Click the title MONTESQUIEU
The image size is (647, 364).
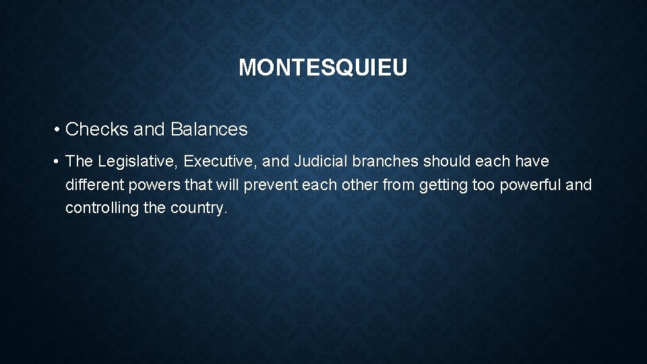[323, 67]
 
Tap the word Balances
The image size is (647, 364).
[209, 129]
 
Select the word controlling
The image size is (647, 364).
[102, 208]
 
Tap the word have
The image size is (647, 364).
[532, 162]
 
